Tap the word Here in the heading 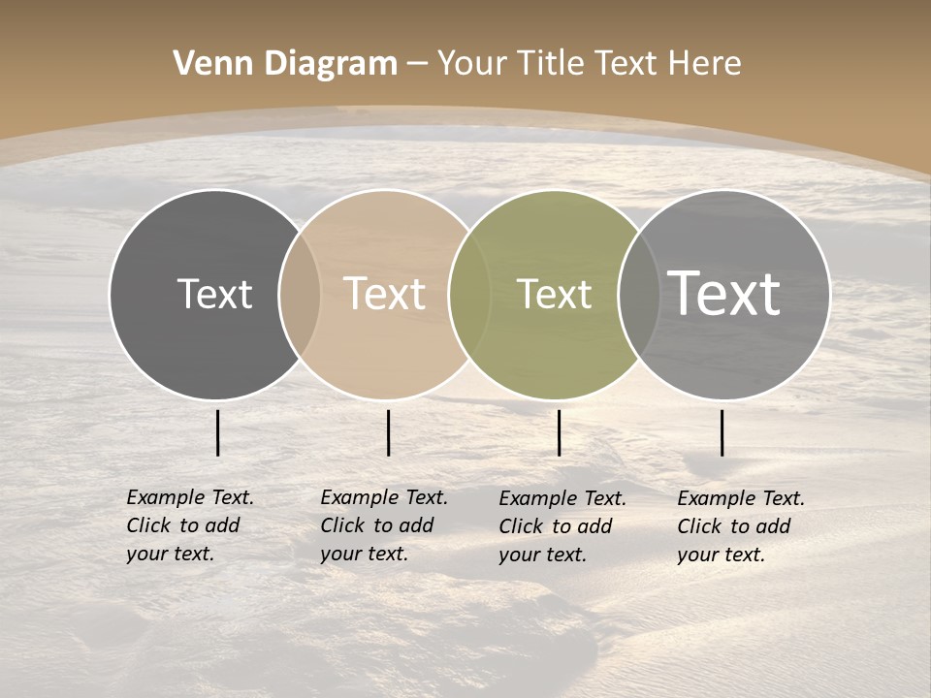tap(704, 64)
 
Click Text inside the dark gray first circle tap(214, 294)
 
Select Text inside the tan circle tap(384, 294)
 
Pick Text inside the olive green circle tap(554, 294)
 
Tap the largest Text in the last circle tap(723, 293)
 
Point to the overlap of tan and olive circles tap(469, 295)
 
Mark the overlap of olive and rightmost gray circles tap(639, 295)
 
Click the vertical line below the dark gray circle tap(218, 432)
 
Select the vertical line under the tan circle tap(388, 432)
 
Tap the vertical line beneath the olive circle tap(559, 432)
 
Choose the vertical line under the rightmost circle tap(722, 432)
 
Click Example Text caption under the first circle tap(190, 525)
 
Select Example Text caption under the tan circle tap(384, 525)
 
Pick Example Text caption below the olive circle tap(562, 526)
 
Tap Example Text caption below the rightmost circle tap(741, 526)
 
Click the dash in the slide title tap(417, 65)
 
